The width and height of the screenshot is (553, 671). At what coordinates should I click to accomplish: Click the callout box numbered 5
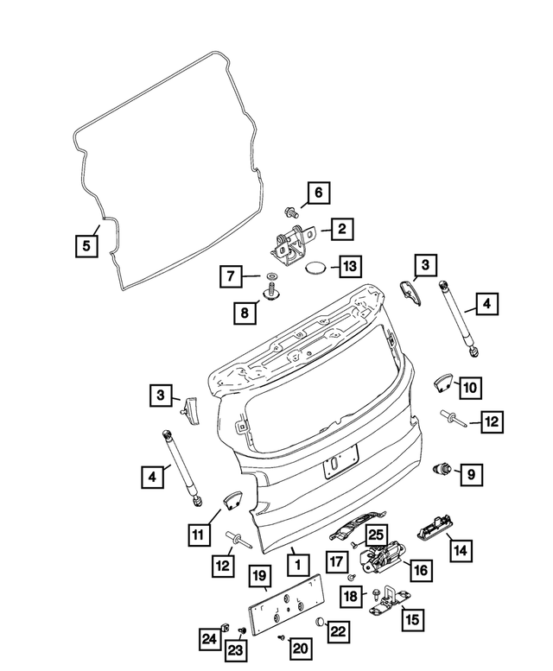pyautogui.click(x=85, y=245)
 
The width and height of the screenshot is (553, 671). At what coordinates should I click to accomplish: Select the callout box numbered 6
pyautogui.click(x=316, y=193)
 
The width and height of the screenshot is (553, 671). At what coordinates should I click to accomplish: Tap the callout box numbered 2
pyautogui.click(x=341, y=229)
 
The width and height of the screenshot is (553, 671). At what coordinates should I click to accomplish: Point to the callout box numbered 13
pyautogui.click(x=353, y=266)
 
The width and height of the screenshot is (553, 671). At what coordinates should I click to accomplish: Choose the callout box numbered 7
pyautogui.click(x=231, y=277)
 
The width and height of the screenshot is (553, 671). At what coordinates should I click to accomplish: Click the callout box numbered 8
pyautogui.click(x=245, y=312)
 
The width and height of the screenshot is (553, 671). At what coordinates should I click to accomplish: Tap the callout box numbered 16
pyautogui.click(x=420, y=570)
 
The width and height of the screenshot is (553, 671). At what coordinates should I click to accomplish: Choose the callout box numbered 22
pyautogui.click(x=339, y=631)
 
